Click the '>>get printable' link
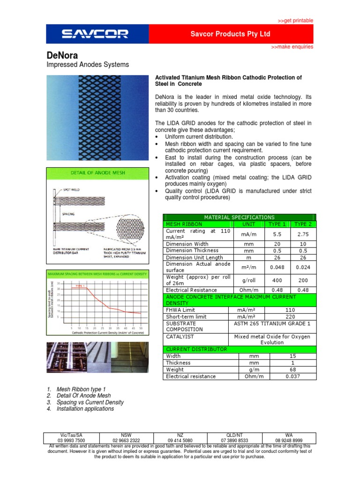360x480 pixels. pyautogui.click(x=295, y=21)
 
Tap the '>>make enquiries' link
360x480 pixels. pyautogui.click(x=292, y=47)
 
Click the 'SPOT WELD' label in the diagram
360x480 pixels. pyautogui.click(x=71, y=191)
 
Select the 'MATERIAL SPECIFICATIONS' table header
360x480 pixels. pyautogui.click(x=239, y=217)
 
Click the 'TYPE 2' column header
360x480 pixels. pyautogui.click(x=303, y=224)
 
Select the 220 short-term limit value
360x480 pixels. pyautogui.click(x=290, y=316)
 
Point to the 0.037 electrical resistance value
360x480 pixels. pyautogui.click(x=290, y=376)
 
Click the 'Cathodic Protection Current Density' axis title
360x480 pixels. pyautogui.click(x=107, y=333)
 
